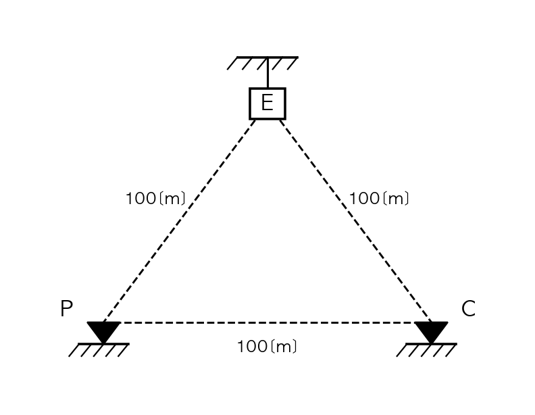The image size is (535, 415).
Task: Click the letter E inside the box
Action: pos(267,102)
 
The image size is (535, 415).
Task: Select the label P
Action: pos(66,308)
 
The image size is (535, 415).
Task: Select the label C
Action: pos(468,308)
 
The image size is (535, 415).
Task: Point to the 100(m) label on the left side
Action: pos(155,198)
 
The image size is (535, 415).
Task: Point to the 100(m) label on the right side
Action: pos(379,198)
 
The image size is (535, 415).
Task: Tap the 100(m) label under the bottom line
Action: pos(267,347)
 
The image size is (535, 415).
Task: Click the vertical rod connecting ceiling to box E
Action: pos(267,73)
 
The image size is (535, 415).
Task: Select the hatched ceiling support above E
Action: pos(263,63)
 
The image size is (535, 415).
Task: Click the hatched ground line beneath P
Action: pos(99,350)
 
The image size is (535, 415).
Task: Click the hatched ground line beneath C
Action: pos(426,350)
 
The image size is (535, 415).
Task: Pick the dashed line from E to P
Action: pos(179,221)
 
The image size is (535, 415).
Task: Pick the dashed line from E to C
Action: pos(355,221)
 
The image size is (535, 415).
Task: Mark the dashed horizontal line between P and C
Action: pos(267,322)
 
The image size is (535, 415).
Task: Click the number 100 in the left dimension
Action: pos(141,198)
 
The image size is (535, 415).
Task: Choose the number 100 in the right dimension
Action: pos(364,198)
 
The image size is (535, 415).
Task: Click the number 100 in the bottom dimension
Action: pos(253,347)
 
